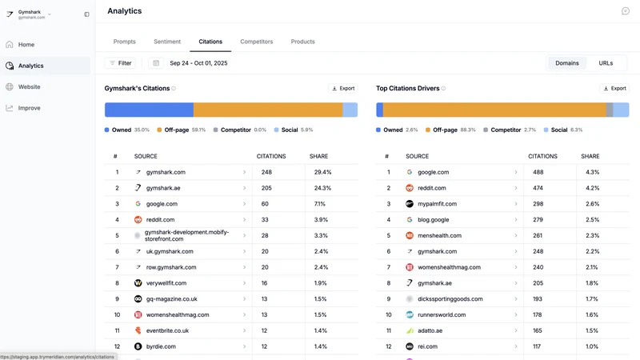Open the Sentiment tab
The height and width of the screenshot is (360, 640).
(167, 42)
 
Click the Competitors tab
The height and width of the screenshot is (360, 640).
(256, 42)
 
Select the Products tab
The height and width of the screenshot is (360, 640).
(302, 42)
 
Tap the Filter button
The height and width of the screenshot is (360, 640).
(121, 63)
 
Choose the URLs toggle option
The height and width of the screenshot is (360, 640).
(606, 63)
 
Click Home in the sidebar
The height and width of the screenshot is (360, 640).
(26, 45)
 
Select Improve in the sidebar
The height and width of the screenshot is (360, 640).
(29, 108)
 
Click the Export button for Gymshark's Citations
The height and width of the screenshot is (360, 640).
(343, 88)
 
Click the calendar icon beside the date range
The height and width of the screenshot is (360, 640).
(156, 63)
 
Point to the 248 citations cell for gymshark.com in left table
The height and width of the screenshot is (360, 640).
(266, 172)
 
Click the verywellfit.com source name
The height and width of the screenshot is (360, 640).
(166, 283)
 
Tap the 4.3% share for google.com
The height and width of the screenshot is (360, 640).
(592, 172)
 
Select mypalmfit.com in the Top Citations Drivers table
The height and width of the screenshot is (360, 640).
(437, 204)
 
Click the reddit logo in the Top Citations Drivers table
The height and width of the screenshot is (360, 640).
(410, 188)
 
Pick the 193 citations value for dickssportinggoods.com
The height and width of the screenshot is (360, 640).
(538, 298)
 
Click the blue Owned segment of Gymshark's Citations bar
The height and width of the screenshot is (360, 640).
(149, 110)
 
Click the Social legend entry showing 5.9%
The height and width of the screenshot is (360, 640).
(294, 130)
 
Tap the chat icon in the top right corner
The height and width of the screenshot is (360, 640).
(626, 11)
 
